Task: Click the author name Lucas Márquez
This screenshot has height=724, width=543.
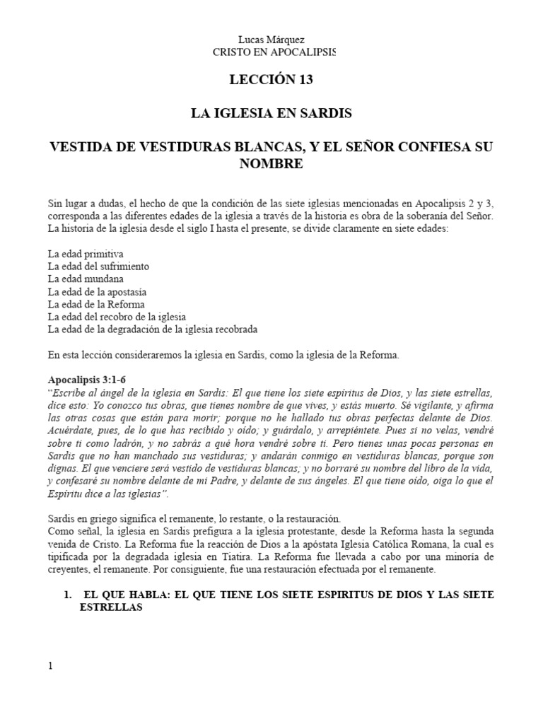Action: (271, 40)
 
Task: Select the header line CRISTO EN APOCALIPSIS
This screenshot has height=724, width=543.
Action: (271, 52)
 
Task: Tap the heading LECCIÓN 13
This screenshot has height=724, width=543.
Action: (271, 80)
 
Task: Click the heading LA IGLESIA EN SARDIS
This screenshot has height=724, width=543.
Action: (271, 113)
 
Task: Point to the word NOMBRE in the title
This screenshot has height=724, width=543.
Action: (271, 163)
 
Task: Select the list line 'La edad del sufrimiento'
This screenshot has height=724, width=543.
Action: (98, 266)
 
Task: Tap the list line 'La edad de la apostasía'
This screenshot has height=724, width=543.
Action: (97, 291)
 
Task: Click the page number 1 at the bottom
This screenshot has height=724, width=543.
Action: (50, 666)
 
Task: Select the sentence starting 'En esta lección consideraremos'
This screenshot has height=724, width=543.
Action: (223, 355)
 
